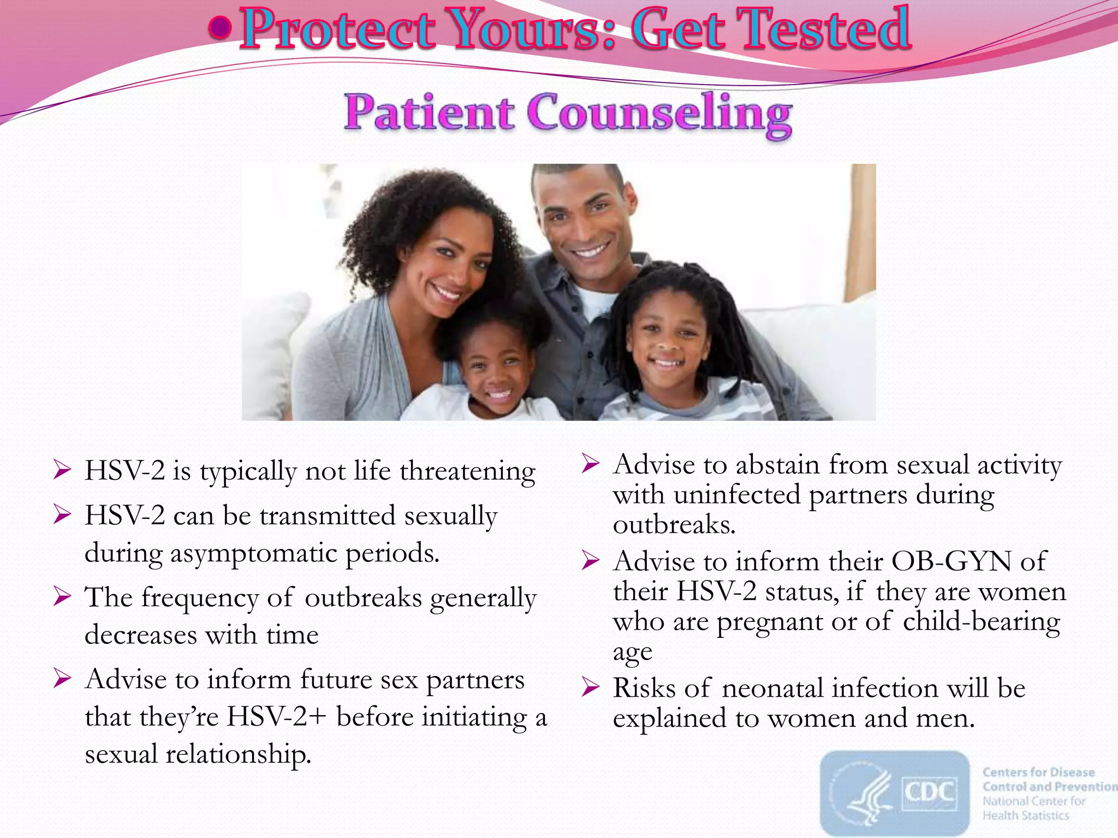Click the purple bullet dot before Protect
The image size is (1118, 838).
[220, 28]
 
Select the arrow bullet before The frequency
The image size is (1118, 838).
[62, 596]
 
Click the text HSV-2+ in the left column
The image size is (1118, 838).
[276, 717]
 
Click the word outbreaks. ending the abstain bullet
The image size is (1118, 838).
[674, 525]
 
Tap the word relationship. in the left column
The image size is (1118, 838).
[238, 755]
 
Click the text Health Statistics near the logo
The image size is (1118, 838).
[1026, 815]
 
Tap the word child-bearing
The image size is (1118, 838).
[981, 621]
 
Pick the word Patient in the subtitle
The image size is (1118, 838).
[429, 113]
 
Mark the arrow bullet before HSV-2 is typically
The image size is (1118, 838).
[62, 470]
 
